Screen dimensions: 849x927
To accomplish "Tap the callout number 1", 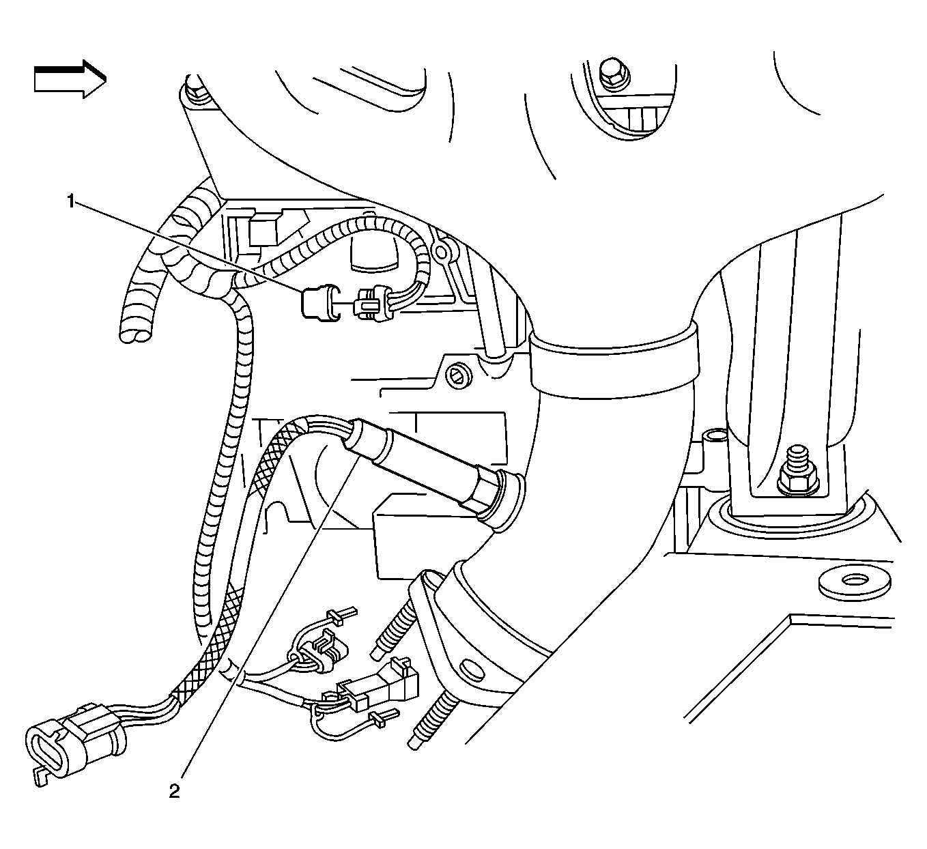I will [x=70, y=201].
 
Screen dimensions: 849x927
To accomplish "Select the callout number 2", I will [x=175, y=791].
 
